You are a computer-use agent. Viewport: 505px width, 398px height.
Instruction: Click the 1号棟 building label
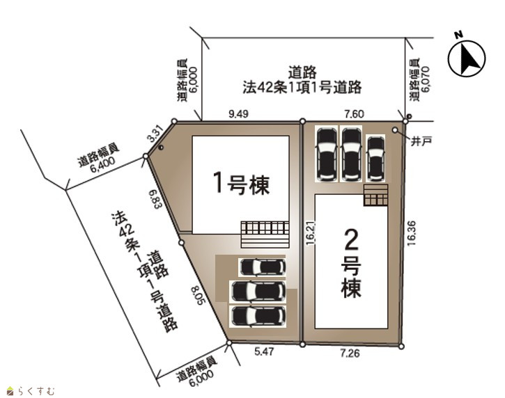242,184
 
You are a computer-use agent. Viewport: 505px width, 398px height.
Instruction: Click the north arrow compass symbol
467,56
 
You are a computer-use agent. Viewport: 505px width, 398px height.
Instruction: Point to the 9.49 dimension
238,114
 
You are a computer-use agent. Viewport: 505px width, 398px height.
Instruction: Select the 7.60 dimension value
354,114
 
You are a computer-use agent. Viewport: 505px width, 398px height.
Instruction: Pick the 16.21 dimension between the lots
311,233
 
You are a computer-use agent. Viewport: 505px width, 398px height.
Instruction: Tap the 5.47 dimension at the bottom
264,351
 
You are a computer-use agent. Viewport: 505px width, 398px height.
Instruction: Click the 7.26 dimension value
350,353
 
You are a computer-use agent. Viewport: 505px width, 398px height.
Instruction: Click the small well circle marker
395,129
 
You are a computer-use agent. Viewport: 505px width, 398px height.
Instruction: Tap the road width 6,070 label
419,81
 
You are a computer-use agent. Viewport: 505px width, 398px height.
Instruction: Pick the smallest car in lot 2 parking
376,159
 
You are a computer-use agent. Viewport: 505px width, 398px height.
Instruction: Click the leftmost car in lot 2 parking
327,154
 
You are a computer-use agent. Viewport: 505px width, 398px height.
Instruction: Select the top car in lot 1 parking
263,267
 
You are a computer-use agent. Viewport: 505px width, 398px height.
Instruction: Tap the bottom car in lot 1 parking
258,316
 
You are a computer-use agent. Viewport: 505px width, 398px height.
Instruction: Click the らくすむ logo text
36,391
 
